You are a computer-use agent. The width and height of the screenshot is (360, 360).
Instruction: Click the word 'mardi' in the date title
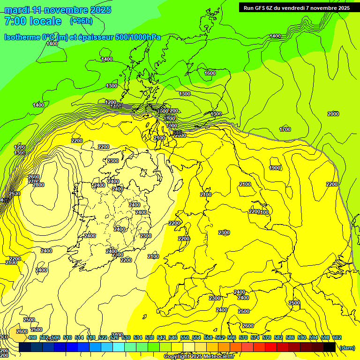click(16, 10)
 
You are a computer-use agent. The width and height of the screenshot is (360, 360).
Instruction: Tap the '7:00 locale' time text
click(33, 21)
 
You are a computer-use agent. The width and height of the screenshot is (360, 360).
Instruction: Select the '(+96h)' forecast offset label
click(81, 21)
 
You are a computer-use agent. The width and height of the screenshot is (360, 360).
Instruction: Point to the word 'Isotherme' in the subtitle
click(22, 37)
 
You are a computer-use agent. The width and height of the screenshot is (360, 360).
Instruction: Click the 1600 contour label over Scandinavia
click(210, 73)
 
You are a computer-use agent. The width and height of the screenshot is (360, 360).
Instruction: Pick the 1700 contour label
click(285, 129)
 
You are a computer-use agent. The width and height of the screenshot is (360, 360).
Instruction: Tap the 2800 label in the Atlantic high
click(38, 185)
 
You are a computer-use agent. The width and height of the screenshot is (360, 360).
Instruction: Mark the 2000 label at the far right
click(333, 114)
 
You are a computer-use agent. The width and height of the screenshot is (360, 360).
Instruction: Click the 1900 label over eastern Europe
click(275, 168)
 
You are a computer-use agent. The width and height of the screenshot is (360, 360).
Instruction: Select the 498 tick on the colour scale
click(32, 337)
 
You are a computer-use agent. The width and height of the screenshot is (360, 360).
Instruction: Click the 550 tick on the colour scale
click(185, 337)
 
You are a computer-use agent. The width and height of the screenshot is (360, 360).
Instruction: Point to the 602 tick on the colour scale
click(337, 337)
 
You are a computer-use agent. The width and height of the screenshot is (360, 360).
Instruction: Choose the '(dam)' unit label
click(347, 348)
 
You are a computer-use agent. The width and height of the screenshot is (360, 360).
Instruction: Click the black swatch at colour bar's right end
click(330, 347)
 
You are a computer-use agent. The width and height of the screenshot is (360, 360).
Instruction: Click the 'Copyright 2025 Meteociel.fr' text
click(199, 357)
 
